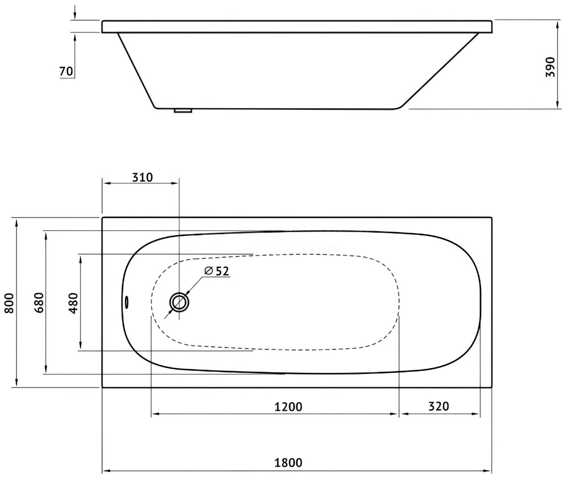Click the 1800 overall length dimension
288,463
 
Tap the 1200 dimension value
288,407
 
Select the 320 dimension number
439,407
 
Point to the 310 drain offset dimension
142,177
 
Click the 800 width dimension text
10,303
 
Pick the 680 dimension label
39,303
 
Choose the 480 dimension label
73,303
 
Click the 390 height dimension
550,67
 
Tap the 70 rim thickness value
66,71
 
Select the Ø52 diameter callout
217,270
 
